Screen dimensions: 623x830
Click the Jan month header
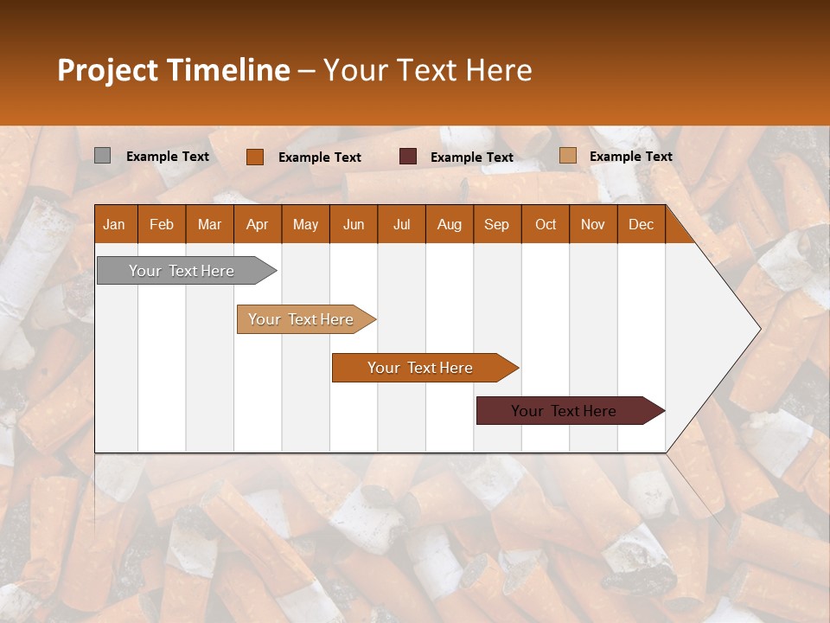click(x=114, y=224)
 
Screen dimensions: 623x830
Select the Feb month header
click(x=162, y=224)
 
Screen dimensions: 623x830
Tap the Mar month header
click(x=209, y=224)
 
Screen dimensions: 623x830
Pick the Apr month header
click(x=258, y=224)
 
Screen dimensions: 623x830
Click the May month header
click(x=305, y=224)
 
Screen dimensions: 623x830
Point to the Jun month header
click(x=354, y=224)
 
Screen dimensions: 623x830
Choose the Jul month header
click(x=401, y=224)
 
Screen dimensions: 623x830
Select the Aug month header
click(x=450, y=224)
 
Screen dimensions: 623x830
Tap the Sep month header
click(x=497, y=224)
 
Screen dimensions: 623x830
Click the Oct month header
click(x=546, y=224)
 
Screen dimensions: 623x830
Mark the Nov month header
click(x=593, y=224)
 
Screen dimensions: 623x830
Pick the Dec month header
click(x=642, y=224)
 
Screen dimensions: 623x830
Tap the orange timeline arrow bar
click(x=421, y=368)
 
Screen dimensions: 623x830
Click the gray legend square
click(x=102, y=156)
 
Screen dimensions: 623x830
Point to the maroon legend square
click(x=408, y=156)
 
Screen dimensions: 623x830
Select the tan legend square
click(x=568, y=156)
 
